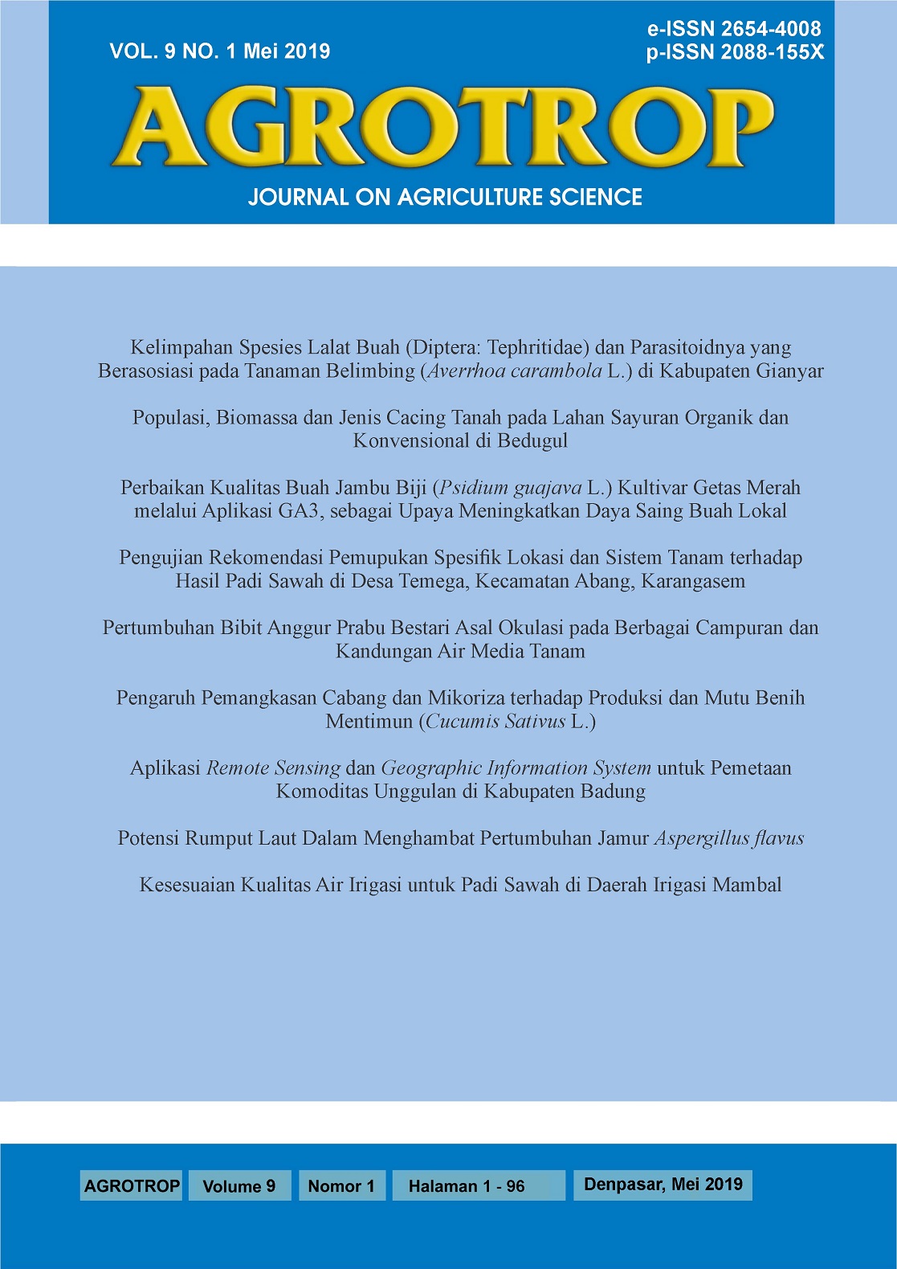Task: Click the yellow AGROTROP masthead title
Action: [x=442, y=126]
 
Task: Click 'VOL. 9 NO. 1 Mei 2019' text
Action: [x=220, y=51]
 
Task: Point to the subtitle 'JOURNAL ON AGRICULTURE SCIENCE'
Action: [x=445, y=197]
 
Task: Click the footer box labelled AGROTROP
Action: [x=132, y=1185]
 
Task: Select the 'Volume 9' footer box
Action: [x=239, y=1185]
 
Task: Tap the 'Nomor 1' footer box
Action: [x=341, y=1185]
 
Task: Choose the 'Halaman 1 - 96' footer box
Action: [x=467, y=1185]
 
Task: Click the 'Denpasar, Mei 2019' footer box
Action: [x=663, y=1184]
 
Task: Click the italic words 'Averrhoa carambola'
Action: [x=515, y=370]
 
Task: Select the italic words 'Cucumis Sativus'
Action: [x=495, y=721]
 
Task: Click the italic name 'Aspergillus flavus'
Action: [x=729, y=838]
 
